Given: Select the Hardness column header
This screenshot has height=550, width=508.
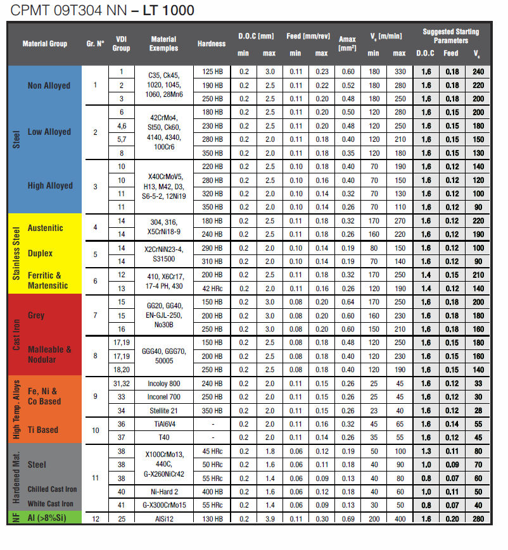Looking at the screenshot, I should [211, 44].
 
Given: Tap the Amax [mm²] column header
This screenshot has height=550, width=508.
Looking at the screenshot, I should [346, 44].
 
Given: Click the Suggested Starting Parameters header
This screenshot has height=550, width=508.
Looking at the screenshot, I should [450, 35].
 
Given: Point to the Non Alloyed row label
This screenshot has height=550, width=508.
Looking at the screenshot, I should [49, 85].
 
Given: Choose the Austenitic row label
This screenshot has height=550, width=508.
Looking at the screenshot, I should [45, 228].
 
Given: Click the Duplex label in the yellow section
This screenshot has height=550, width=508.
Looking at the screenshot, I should [40, 253].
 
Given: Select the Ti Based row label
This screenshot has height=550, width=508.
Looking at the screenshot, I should [42, 430].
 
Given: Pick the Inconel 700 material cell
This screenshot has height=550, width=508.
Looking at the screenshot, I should [163, 397].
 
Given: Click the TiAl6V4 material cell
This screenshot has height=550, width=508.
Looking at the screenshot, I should [163, 424].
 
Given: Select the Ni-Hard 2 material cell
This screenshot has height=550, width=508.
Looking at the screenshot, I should [163, 491].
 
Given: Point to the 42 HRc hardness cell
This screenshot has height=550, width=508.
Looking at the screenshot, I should [210, 288].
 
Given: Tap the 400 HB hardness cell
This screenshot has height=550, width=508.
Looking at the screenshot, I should [210, 491].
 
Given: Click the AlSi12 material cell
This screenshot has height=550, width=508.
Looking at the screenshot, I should [163, 518].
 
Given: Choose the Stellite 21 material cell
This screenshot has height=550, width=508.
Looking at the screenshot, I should [163, 410].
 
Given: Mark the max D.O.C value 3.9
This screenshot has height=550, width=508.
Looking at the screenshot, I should [269, 518].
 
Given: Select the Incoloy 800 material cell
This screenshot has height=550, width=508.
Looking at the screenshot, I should [163, 383].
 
